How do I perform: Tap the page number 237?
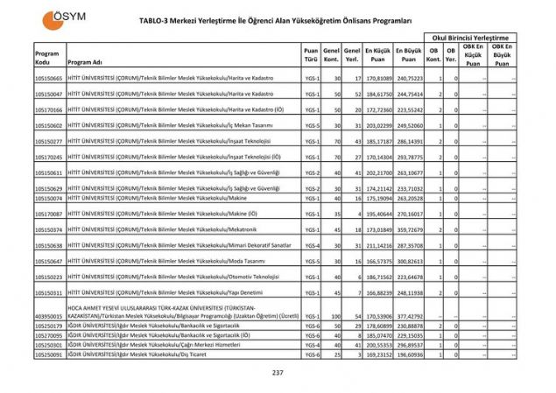coord(278,373)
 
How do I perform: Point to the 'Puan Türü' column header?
coord(310,54)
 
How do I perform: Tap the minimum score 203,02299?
coord(377,125)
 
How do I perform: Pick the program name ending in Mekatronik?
coord(162,229)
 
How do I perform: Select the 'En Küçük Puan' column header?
coord(377,54)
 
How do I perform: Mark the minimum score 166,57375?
coord(377,261)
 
